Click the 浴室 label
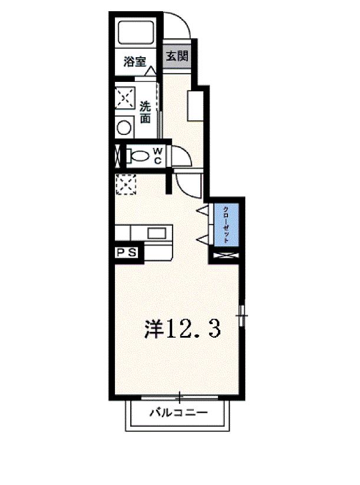pyautogui.click(x=134, y=61)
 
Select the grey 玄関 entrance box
pyautogui.click(x=176, y=57)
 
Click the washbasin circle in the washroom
pyautogui.click(x=124, y=127)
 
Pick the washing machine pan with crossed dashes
pyautogui.click(x=125, y=98)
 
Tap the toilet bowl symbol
pyautogui.click(x=140, y=156)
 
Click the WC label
pyautogui.click(x=158, y=156)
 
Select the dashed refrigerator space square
pyautogui.click(x=126, y=185)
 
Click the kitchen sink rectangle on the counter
pyautogui.click(x=157, y=233)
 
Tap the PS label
pyautogui.click(x=127, y=253)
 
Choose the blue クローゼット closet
pyautogui.click(x=226, y=225)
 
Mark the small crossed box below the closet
pyautogui.click(x=226, y=256)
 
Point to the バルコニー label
pyautogui.click(x=177, y=413)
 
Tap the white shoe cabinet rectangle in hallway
pyautogui.click(x=194, y=105)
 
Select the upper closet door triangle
pyautogui.click(x=202, y=210)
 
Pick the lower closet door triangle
pyautogui.click(x=202, y=238)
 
